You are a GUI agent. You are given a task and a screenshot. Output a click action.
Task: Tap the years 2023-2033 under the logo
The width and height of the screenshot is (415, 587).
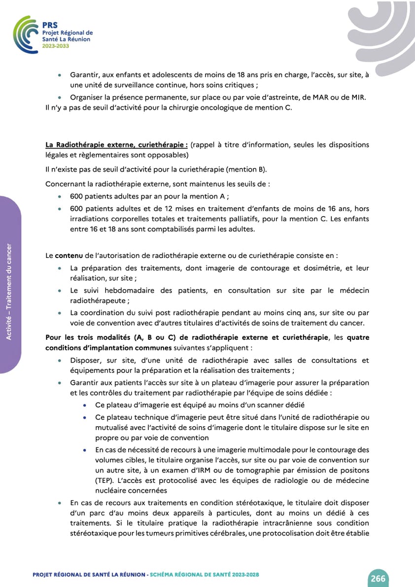[x=56, y=45]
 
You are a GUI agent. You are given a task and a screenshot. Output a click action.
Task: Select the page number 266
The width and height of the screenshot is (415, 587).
[x=378, y=578]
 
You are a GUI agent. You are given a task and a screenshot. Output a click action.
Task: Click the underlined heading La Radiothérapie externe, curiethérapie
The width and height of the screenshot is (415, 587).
[x=116, y=145]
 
